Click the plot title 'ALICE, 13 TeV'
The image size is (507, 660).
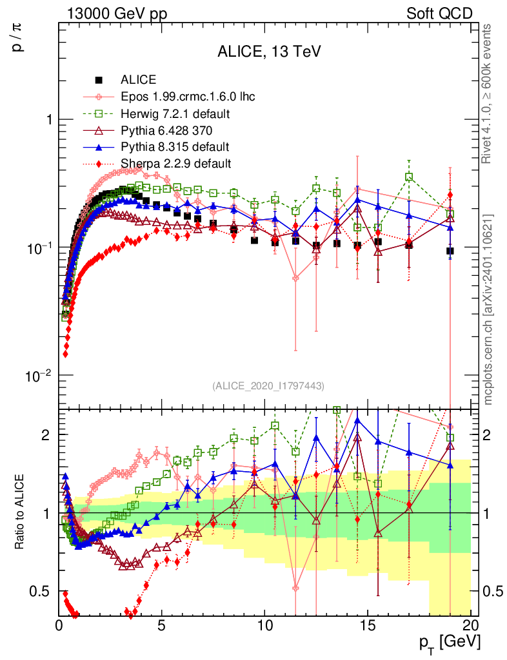pos(269,52)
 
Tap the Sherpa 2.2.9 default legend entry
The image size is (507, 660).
pos(175,163)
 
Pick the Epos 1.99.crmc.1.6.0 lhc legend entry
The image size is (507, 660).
pos(188,97)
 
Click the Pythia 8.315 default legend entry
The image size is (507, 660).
pos(174,147)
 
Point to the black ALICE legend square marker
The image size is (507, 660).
pos(99,81)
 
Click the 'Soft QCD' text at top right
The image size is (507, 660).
pos(439,14)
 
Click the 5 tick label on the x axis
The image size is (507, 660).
pos(162,625)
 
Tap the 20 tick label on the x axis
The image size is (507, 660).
pos(470,625)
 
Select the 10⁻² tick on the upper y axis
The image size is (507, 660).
pos(41,376)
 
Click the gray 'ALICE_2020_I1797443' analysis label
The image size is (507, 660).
pos(268,385)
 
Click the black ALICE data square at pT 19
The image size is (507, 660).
pos(450,251)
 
